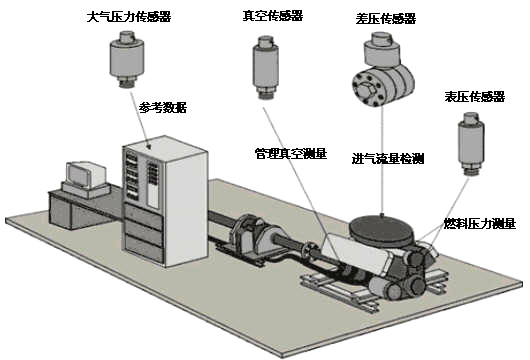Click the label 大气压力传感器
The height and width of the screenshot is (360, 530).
tap(129, 17)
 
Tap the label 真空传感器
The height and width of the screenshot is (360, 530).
tap(273, 16)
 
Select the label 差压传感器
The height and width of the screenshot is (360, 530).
tap(386, 18)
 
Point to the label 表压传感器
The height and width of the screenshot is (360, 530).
tap(475, 97)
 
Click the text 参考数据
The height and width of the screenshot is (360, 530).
tap(163, 107)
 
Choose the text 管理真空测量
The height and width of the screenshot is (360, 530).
tap(291, 154)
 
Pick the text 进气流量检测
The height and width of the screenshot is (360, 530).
tap(388, 159)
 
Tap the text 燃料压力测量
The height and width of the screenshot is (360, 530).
tap(480, 223)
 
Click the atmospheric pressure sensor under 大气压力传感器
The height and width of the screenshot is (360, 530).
tap(127, 59)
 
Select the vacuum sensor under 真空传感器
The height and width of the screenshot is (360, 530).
tap(266, 68)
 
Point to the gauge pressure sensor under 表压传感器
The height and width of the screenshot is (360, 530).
tap(471, 144)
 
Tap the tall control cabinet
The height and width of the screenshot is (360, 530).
tap(165, 201)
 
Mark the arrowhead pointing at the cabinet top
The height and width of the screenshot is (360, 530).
tap(148, 146)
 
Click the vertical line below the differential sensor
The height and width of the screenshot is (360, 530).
tap(383, 160)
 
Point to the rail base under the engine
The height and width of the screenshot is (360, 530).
tap(374, 286)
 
